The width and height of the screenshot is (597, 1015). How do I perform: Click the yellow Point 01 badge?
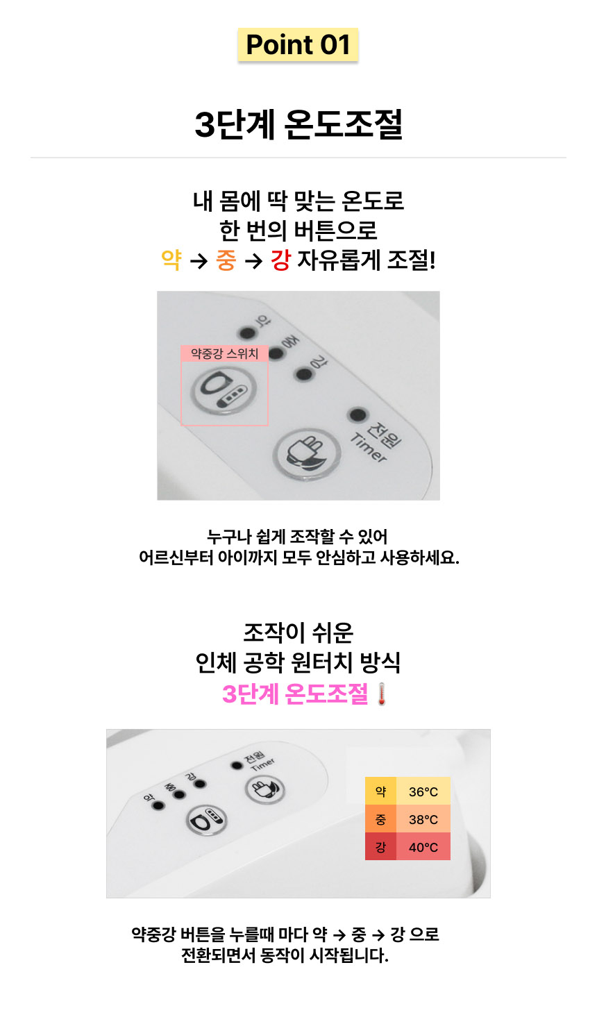pyautogui.click(x=298, y=45)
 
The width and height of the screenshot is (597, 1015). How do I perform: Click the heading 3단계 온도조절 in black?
pyautogui.click(x=298, y=125)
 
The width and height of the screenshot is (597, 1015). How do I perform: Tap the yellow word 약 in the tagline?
pyautogui.click(x=171, y=260)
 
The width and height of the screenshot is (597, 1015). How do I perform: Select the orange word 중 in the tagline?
pyautogui.click(x=226, y=260)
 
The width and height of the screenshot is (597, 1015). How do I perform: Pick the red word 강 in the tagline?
pyautogui.click(x=280, y=260)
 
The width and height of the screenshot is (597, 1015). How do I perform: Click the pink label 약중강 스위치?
pyautogui.click(x=224, y=354)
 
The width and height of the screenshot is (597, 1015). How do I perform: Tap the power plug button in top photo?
pyautogui.click(x=305, y=455)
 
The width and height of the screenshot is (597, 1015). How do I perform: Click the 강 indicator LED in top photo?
pyautogui.click(x=303, y=375)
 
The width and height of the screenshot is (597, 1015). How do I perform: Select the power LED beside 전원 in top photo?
pyautogui.click(x=358, y=415)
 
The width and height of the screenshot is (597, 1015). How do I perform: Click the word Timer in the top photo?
pyautogui.click(x=369, y=448)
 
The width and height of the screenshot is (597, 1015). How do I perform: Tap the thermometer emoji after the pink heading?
pyautogui.click(x=381, y=694)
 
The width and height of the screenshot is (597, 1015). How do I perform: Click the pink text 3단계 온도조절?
pyautogui.click(x=295, y=694)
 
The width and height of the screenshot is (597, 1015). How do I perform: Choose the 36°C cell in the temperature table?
pyautogui.click(x=423, y=791)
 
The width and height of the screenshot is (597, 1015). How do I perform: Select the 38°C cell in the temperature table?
pyautogui.click(x=423, y=819)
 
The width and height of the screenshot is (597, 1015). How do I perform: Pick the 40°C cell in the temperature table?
pyautogui.click(x=423, y=847)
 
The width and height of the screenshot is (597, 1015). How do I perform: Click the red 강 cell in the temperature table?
pyautogui.click(x=380, y=847)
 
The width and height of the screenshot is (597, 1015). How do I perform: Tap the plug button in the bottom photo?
pyautogui.click(x=264, y=789)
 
